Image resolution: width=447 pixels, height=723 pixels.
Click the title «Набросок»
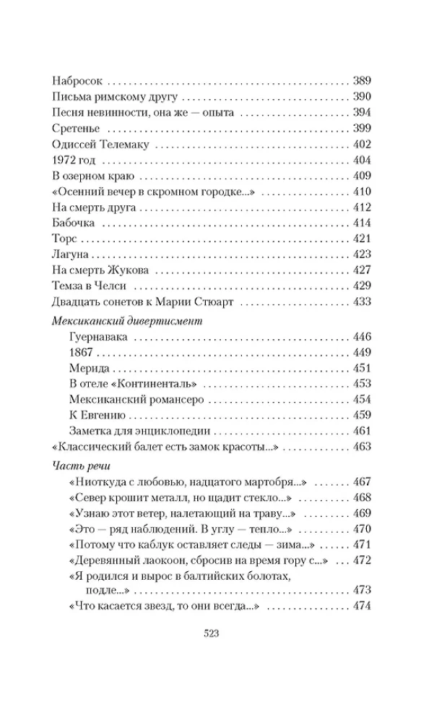tap(79, 80)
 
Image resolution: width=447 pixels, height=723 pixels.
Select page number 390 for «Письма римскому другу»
tap(360, 96)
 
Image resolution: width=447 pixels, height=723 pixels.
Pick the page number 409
tap(360, 176)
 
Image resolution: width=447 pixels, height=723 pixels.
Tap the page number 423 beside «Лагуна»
tap(360, 254)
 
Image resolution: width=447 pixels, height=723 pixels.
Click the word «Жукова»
tap(131, 270)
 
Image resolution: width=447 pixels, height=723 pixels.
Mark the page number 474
tap(360, 606)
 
